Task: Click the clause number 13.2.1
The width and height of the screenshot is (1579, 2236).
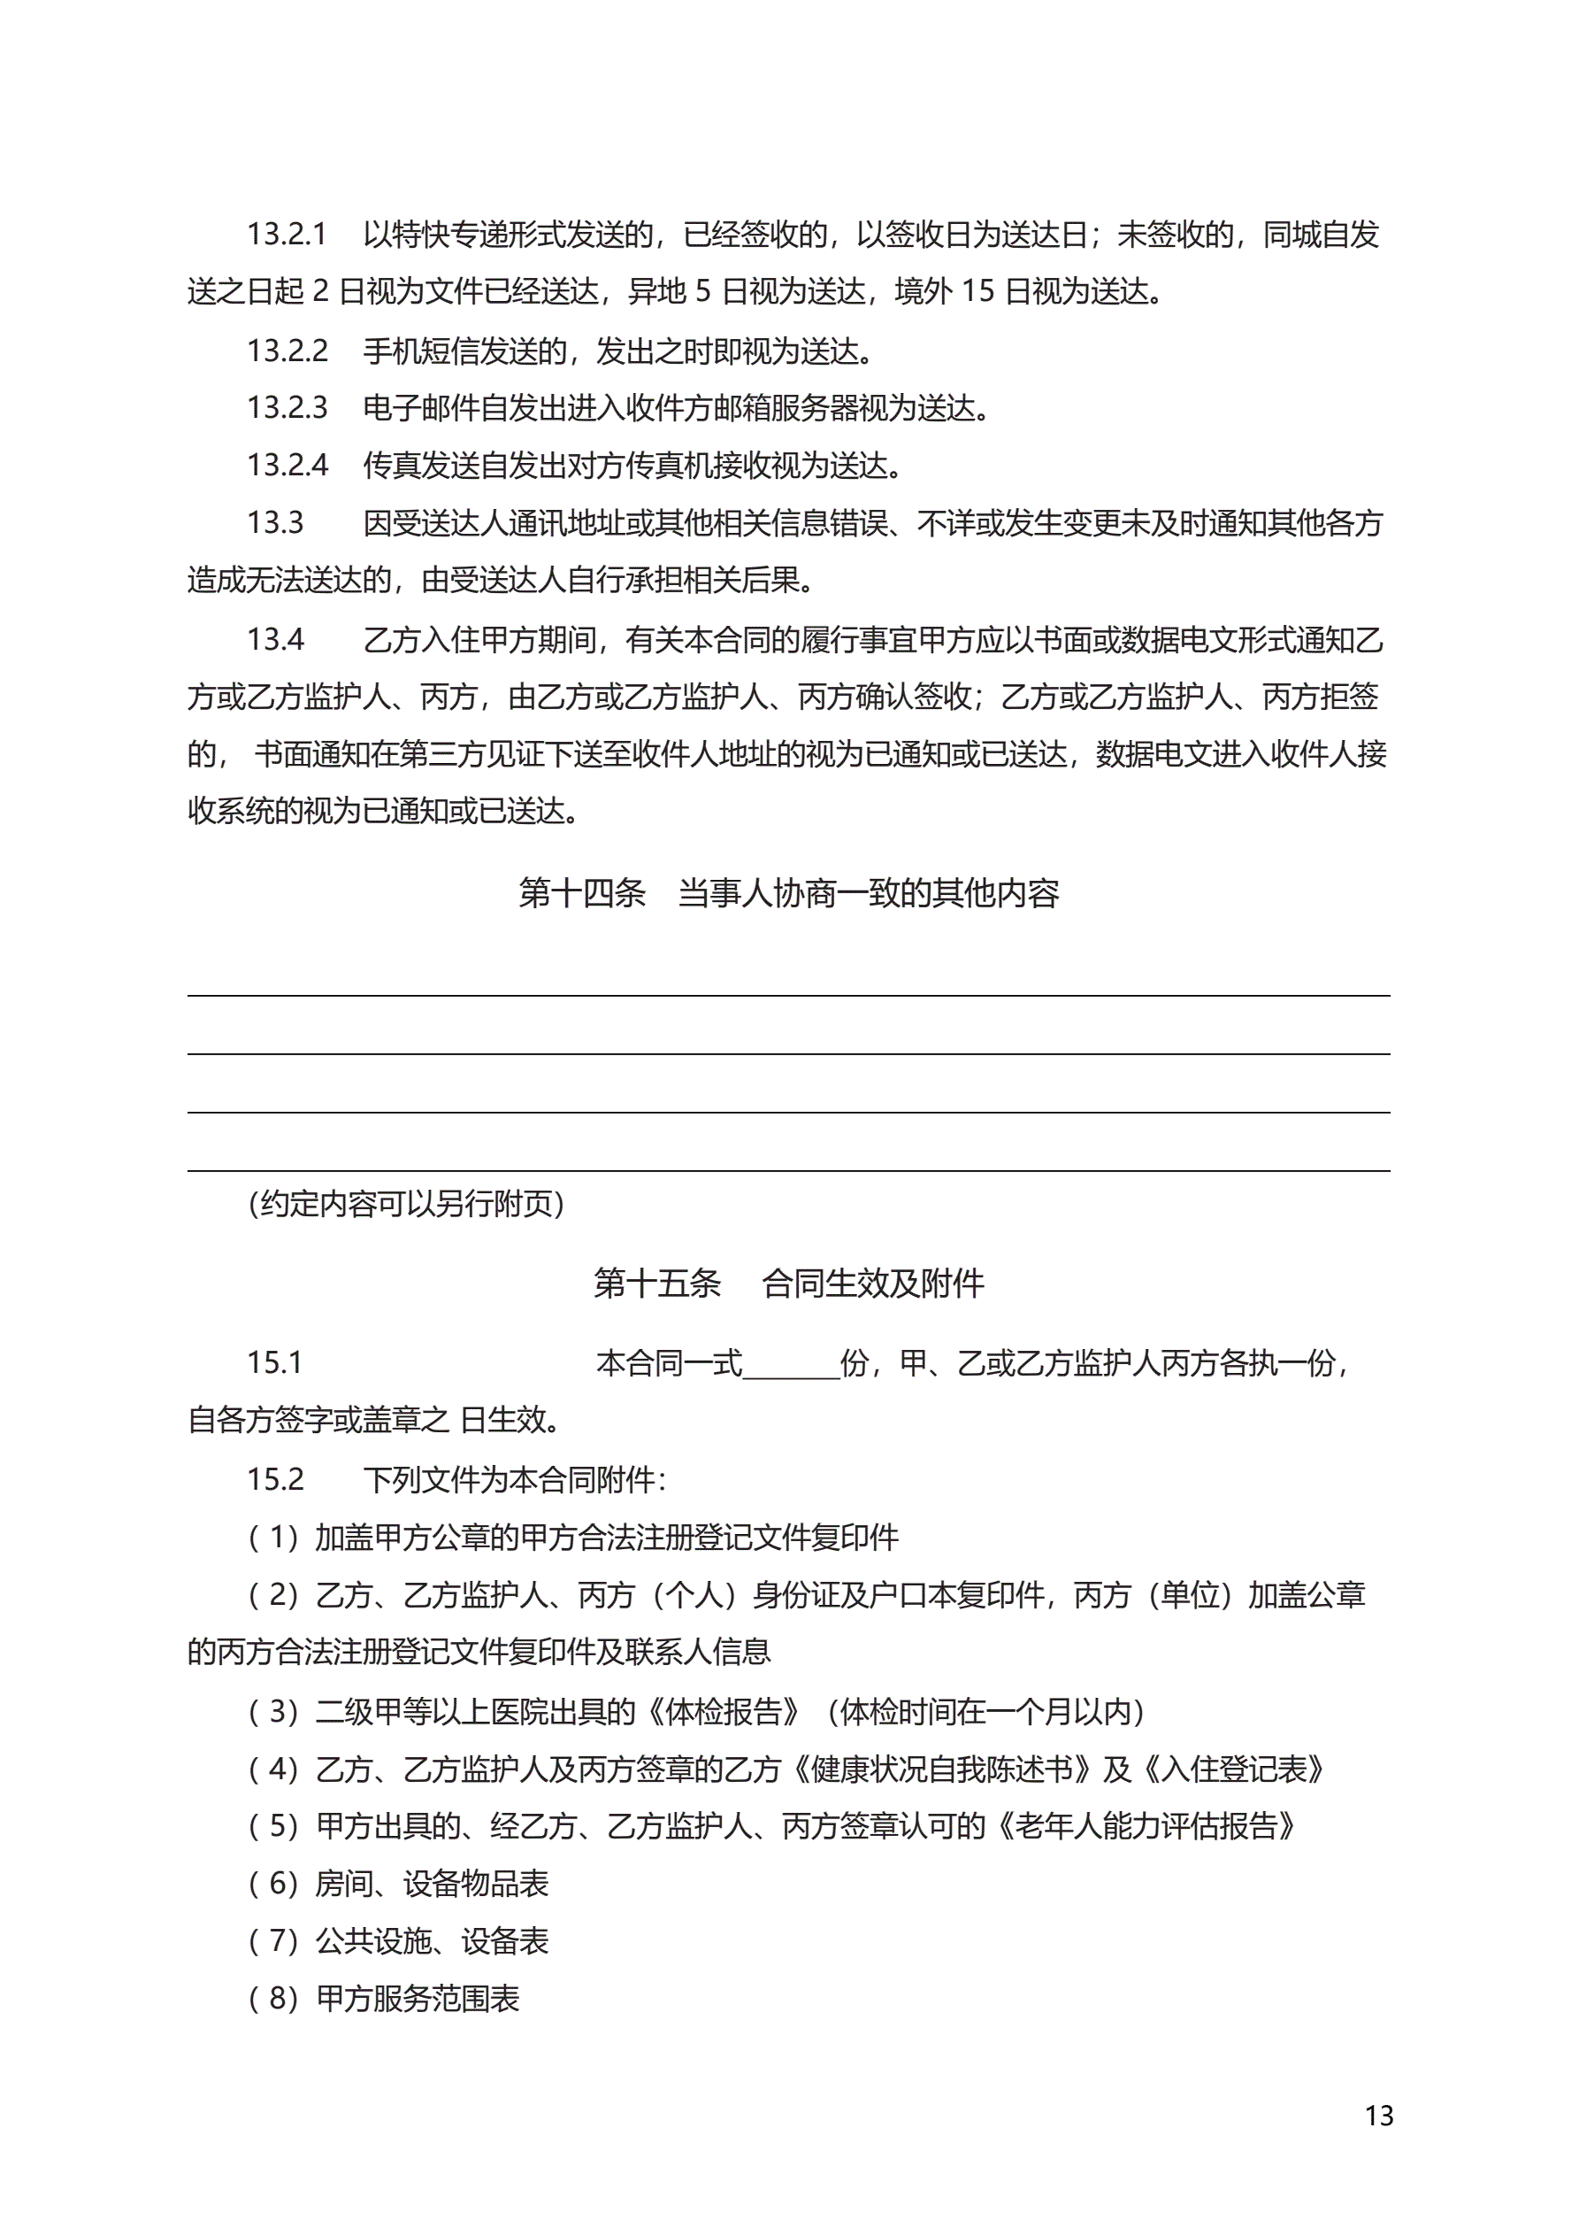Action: (287, 235)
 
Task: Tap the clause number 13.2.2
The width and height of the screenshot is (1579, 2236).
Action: (287, 351)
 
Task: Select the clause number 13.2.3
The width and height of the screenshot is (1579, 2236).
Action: (287, 408)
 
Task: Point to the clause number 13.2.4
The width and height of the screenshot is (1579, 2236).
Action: (287, 466)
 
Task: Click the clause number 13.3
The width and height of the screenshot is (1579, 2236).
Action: (274, 524)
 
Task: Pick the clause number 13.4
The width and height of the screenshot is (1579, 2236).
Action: (274, 640)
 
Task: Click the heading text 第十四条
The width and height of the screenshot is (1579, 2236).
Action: (581, 893)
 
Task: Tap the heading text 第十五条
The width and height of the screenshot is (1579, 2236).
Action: (657, 1284)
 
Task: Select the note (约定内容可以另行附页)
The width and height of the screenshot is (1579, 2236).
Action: (406, 1205)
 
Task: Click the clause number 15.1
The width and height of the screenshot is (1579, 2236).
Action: (274, 1363)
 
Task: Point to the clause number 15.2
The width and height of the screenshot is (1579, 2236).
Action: (274, 1479)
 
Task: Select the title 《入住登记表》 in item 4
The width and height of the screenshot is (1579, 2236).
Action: (1234, 1769)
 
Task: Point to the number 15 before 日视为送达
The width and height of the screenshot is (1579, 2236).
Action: (977, 292)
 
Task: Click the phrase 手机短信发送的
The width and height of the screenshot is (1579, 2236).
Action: (464, 351)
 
